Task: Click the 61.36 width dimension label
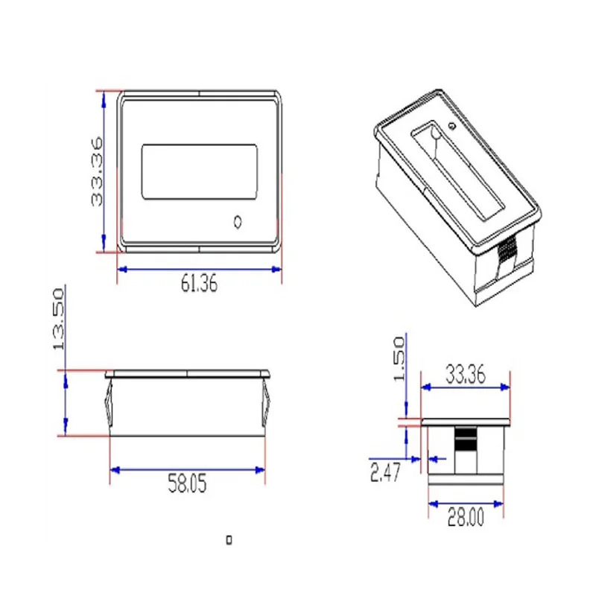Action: pos(199,284)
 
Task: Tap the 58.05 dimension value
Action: pos(187,484)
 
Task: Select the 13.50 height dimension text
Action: pos(59,320)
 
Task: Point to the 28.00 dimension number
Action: pos(466,517)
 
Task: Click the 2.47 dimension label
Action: pos(385,473)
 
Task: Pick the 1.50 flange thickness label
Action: pos(399,359)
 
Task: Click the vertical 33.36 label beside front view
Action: pos(97,172)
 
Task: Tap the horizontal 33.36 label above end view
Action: pos(465,374)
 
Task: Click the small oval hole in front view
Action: pos(238,222)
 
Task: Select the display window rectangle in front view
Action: pos(200,171)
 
